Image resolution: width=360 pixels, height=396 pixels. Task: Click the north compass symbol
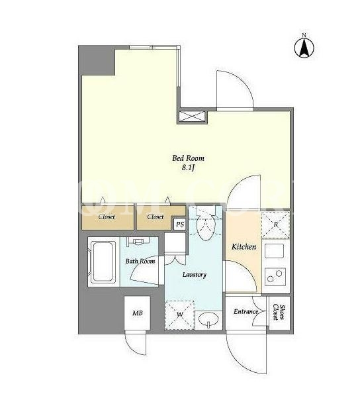click(x=304, y=47)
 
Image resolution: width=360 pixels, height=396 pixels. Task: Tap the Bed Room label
click(x=188, y=158)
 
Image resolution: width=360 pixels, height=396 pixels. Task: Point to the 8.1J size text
click(x=188, y=168)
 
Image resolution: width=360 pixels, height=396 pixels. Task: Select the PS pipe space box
click(x=180, y=224)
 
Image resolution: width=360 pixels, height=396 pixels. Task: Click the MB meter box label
click(x=138, y=313)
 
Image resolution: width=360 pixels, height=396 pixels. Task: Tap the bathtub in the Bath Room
click(x=102, y=262)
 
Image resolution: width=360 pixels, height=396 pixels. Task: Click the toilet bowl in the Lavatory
click(x=206, y=226)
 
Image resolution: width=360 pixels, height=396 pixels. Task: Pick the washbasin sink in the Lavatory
click(x=208, y=320)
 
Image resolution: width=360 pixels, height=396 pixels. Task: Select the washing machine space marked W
click(x=179, y=315)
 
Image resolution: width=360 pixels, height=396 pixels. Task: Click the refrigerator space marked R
click(x=276, y=224)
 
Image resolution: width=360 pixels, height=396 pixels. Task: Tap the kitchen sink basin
click(x=274, y=251)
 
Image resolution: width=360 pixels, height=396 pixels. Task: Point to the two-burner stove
click(x=275, y=277)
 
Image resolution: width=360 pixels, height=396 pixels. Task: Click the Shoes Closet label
click(x=279, y=313)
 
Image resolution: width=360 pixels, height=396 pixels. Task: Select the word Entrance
click(x=246, y=312)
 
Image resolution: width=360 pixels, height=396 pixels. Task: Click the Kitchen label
click(x=244, y=247)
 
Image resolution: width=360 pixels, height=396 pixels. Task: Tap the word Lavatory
click(x=195, y=275)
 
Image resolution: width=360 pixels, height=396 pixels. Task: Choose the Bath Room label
click(x=140, y=261)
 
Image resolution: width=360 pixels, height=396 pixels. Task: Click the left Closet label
click(x=107, y=217)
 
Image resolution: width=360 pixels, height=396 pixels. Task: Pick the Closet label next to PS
click(x=156, y=217)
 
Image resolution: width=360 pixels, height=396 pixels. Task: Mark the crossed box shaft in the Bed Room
click(x=192, y=117)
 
